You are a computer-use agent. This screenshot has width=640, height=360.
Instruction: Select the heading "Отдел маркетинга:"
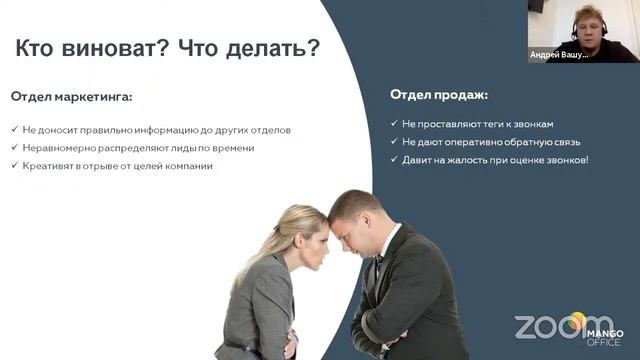[x=72, y=97]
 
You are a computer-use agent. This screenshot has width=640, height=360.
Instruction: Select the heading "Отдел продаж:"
[x=439, y=95]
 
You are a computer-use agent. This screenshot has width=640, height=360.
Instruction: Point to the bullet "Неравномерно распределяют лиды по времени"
[x=139, y=148]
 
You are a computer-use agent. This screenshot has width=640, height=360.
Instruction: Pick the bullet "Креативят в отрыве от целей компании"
[x=118, y=166]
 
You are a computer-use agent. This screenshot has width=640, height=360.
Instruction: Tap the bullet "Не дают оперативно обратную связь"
[x=484, y=142]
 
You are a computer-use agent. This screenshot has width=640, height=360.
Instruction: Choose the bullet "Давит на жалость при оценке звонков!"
[x=495, y=160]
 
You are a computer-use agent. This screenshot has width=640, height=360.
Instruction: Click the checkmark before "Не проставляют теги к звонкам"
[x=395, y=124]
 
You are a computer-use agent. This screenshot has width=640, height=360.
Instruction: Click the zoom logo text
[x=549, y=327]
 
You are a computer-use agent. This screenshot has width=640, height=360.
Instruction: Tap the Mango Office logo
[x=604, y=333]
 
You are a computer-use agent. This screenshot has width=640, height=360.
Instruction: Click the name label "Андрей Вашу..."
[x=558, y=55]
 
